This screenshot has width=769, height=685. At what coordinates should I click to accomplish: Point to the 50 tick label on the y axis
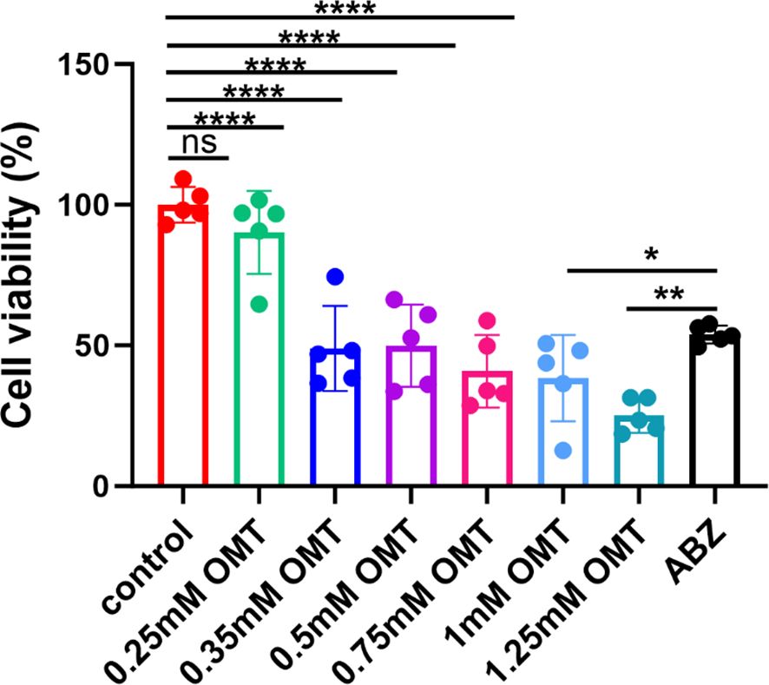click(x=102, y=346)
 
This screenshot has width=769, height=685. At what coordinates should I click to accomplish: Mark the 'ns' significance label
click(x=198, y=142)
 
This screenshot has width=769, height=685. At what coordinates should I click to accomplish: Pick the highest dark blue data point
click(x=335, y=277)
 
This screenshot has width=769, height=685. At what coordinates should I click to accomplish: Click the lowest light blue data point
click(x=563, y=450)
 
